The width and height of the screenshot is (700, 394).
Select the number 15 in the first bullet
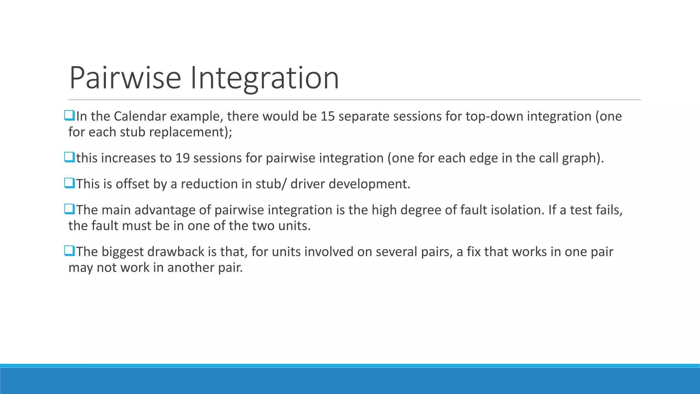[327, 117]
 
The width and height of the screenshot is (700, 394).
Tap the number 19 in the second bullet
[183, 158]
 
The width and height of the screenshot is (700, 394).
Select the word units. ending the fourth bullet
[294, 226]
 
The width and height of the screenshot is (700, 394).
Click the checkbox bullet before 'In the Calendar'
[69, 116]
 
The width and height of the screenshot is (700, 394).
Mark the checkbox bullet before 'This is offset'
[69, 184]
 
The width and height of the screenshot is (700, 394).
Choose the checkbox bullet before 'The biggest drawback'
[69, 251]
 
